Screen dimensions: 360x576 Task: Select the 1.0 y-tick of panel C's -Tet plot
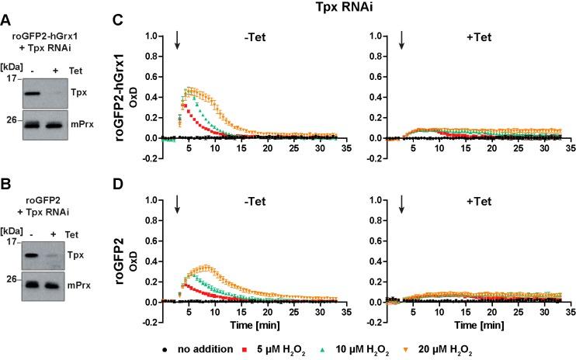[153, 36]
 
